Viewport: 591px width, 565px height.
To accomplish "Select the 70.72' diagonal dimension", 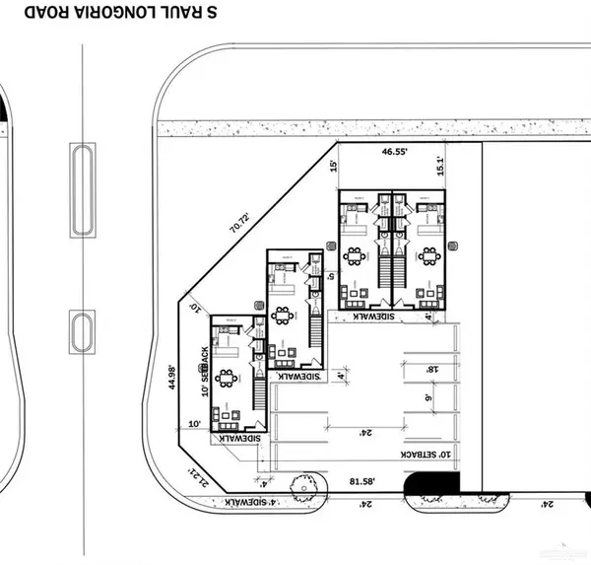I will pos(239,223).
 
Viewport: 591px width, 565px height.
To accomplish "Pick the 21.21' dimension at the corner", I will pos(195,476).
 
